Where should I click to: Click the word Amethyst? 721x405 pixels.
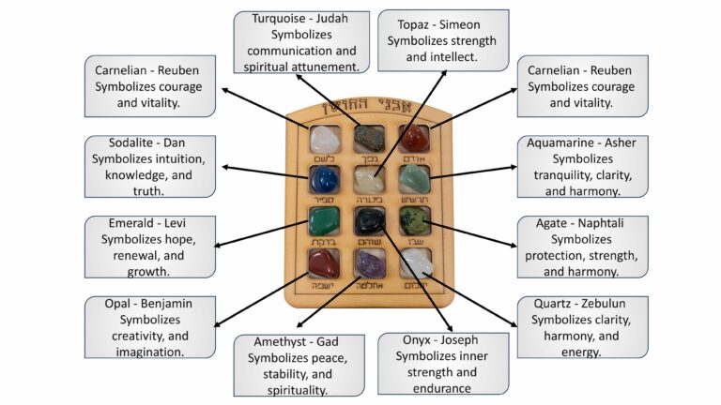point(284,342)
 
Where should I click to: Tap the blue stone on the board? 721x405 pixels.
point(324,179)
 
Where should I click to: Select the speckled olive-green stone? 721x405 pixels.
point(414,222)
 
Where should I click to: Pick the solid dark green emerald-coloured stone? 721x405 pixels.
point(324,222)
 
